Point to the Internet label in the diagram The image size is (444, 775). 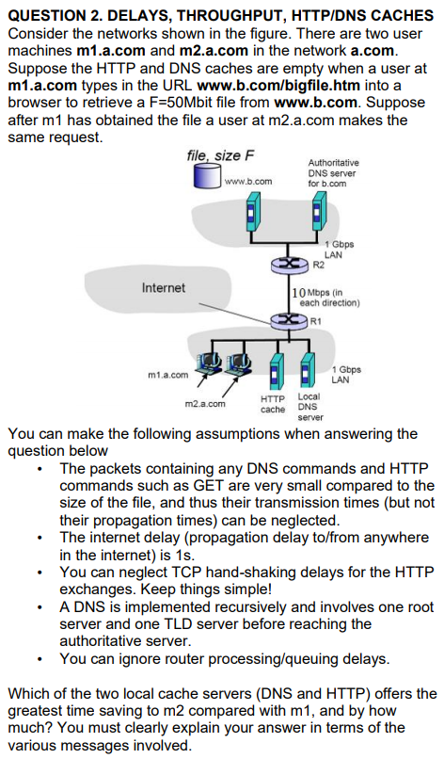click(x=163, y=287)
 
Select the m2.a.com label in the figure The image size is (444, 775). click(x=206, y=403)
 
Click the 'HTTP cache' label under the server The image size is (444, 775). click(x=273, y=405)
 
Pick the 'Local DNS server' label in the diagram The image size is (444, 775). click(x=309, y=407)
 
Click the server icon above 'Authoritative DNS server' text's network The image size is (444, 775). click(x=315, y=214)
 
